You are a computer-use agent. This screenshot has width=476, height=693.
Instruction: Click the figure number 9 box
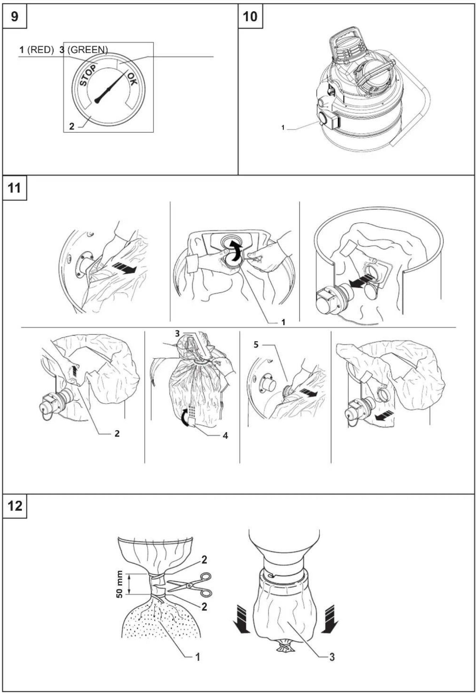(x=15, y=16)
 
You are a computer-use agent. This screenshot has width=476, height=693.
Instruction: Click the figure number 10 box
(x=251, y=16)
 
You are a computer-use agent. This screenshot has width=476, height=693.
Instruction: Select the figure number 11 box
(x=15, y=188)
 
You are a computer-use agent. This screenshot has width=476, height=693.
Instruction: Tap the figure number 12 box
(x=15, y=506)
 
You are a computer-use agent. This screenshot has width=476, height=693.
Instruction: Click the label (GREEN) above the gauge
(x=87, y=50)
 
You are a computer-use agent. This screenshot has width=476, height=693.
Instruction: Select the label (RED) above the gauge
(x=40, y=50)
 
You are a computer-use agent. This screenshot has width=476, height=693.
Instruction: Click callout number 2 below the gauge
(x=72, y=126)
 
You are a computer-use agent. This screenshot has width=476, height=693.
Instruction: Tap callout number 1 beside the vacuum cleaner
(x=283, y=127)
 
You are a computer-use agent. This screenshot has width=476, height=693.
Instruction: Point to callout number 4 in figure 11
(x=225, y=436)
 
